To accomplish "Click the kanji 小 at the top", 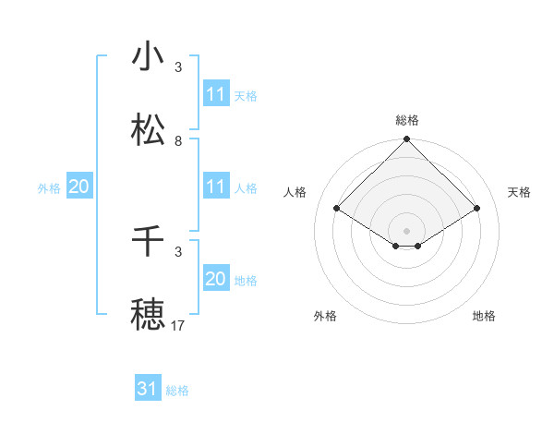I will click(x=148, y=57).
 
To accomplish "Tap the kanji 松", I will click(x=148, y=130).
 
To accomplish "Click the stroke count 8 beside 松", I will click(x=178, y=141).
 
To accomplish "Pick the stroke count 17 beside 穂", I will click(x=178, y=325).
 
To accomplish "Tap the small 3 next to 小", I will click(x=178, y=67).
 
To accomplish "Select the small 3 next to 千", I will click(x=178, y=251).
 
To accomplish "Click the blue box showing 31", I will click(x=148, y=389).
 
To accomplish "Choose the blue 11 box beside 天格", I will click(x=216, y=94).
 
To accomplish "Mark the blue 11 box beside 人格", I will click(x=216, y=187).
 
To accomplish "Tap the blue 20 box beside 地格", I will click(x=216, y=279).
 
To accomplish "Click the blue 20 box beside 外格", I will click(x=78, y=187).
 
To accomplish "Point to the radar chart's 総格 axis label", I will click(x=407, y=120).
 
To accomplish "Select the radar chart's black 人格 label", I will click(x=296, y=192).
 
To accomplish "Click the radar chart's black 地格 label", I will click(x=484, y=316).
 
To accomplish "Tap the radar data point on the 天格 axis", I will click(x=477, y=209).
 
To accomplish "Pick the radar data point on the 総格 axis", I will click(x=407, y=140).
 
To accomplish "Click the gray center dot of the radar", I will click(x=407, y=230).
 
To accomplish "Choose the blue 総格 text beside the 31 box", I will click(x=177, y=390).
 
